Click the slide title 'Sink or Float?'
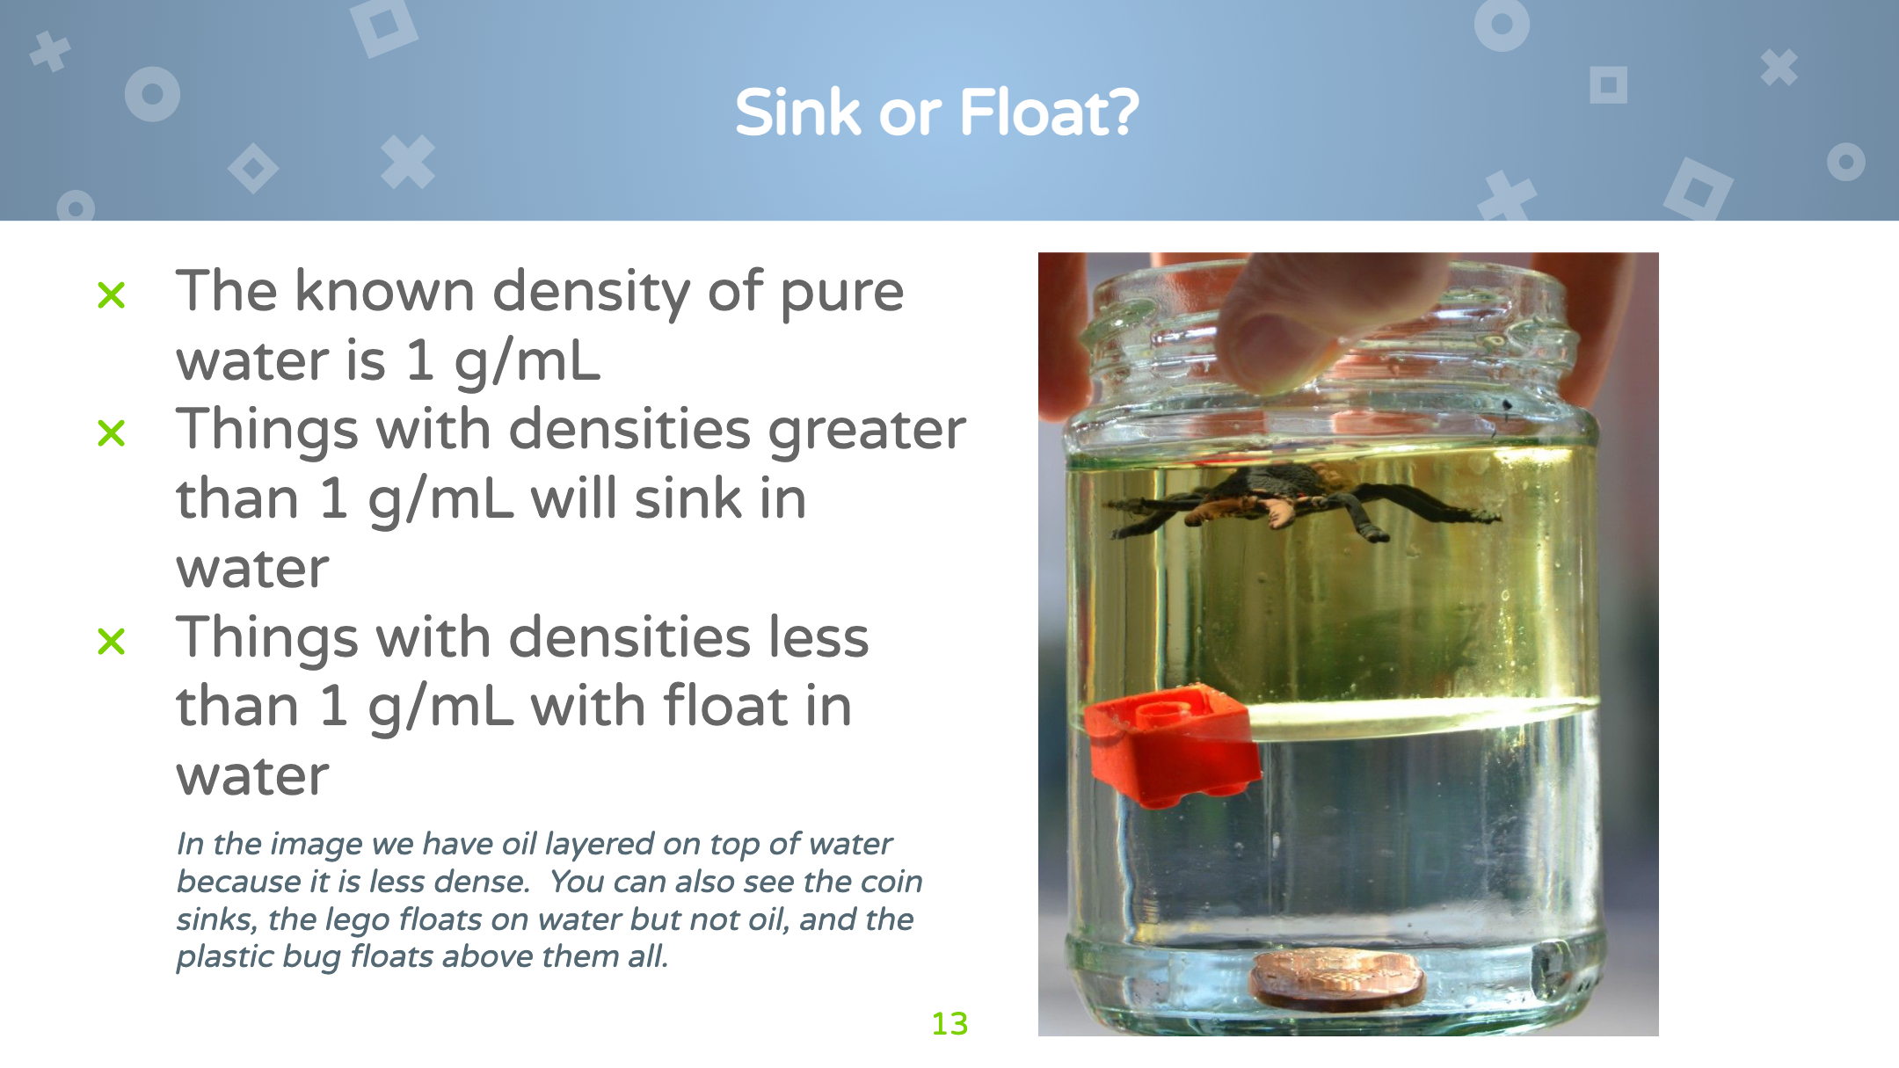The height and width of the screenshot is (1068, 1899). click(937, 113)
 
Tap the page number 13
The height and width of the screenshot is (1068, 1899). click(949, 1023)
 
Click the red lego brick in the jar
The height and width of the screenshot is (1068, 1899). click(1172, 746)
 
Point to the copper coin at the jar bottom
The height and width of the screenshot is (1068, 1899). click(1337, 978)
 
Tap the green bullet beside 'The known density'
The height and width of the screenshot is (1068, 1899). click(112, 295)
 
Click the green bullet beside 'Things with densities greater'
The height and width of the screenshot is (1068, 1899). click(112, 432)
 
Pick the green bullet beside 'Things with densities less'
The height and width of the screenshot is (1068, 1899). click(112, 641)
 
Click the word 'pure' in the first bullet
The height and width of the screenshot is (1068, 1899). click(841, 294)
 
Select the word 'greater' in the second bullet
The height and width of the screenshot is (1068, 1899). click(867, 432)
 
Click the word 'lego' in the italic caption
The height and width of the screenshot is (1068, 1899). click(357, 920)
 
